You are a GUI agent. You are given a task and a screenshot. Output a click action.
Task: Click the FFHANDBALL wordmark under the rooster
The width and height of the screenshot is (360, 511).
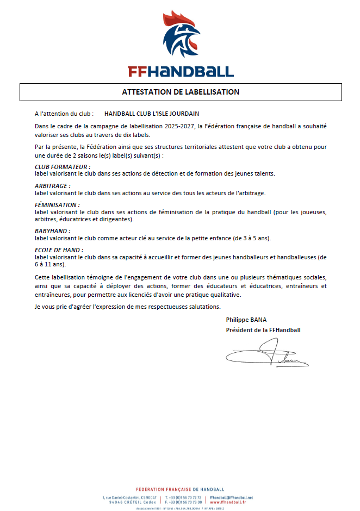pyautogui.click(x=180, y=71)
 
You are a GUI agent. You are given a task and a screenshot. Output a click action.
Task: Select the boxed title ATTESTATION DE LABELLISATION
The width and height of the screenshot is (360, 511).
pyautogui.click(x=181, y=92)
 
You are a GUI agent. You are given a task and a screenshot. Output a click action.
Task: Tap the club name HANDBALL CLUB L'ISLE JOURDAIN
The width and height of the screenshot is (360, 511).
pyautogui.click(x=152, y=114)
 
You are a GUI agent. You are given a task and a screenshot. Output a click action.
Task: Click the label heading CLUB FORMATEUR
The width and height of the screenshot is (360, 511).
pyautogui.click(x=62, y=166)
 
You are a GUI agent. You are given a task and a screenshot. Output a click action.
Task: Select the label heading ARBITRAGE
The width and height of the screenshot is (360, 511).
pyautogui.click(x=52, y=185)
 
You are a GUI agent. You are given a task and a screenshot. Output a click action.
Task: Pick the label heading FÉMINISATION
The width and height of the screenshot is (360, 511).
pyautogui.click(x=57, y=204)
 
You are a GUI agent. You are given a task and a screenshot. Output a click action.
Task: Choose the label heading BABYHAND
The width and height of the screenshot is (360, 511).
pyautogui.click(x=52, y=231)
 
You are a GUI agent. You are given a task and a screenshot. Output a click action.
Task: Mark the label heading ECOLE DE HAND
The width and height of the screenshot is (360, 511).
pyautogui.click(x=59, y=250)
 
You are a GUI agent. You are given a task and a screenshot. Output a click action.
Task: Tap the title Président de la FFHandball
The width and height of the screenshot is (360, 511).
pyautogui.click(x=263, y=330)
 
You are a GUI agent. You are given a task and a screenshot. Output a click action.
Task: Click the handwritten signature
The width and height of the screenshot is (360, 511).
pyautogui.click(x=266, y=354)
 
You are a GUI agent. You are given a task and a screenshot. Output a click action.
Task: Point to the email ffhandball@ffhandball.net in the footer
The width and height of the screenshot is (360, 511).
pyautogui.click(x=231, y=497)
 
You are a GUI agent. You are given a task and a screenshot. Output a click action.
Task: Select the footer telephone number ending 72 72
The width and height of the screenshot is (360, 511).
pyautogui.click(x=184, y=497)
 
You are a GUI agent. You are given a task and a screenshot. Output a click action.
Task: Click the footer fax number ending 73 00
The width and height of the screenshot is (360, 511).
pyautogui.click(x=184, y=502)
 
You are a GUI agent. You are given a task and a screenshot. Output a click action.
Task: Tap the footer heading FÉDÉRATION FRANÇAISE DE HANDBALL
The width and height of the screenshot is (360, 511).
pyautogui.click(x=179, y=489)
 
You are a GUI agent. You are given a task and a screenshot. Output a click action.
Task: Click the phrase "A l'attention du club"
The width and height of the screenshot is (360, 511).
pyautogui.click(x=64, y=114)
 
